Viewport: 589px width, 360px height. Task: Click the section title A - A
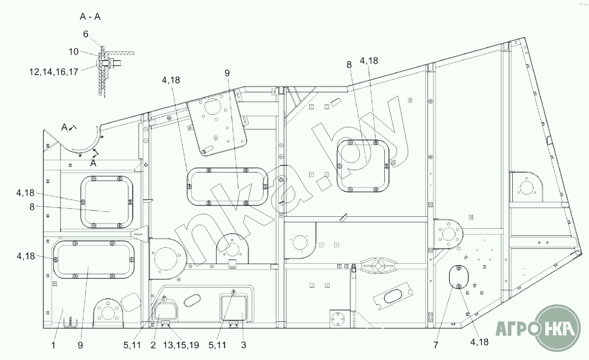tap(90, 16)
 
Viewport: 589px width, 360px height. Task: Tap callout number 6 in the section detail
tap(86, 34)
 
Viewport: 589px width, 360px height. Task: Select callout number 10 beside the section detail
tap(74, 52)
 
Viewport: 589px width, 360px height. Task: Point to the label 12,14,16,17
tap(54, 72)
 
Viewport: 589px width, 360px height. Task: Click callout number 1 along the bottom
tap(53, 345)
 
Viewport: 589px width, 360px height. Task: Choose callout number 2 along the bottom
tap(153, 345)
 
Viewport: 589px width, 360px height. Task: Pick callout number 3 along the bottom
tap(244, 345)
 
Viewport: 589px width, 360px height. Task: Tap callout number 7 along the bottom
tap(436, 345)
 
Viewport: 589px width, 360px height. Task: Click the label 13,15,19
tap(181, 345)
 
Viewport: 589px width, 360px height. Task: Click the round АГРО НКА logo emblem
tap(558, 327)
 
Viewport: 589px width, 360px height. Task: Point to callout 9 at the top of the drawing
tap(227, 73)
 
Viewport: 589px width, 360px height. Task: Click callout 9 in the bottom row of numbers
tap(81, 345)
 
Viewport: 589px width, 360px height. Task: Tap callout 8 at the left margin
tap(32, 207)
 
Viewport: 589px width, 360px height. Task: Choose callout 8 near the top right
tap(349, 65)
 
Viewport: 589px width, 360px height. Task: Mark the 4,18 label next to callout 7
tap(479, 342)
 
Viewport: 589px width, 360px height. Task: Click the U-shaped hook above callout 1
tap(70, 323)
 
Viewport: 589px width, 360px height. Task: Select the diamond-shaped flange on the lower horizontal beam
tap(378, 266)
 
